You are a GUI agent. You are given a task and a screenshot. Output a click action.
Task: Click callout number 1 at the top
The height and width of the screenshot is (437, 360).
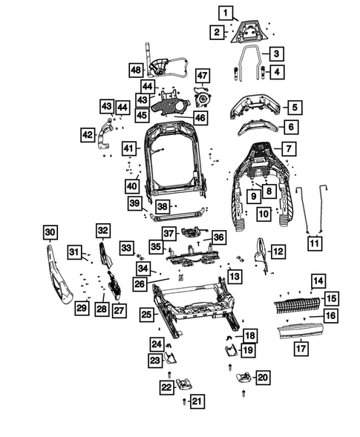226,12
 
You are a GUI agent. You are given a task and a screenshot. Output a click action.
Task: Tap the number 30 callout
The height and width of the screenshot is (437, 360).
50,234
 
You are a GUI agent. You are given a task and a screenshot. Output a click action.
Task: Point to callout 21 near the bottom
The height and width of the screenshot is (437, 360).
195,401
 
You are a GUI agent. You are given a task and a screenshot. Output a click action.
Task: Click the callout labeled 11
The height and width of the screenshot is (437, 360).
315,243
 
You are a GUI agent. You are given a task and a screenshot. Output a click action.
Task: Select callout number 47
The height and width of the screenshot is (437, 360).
202,75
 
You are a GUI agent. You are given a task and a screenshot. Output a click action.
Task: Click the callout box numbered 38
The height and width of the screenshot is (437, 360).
163,206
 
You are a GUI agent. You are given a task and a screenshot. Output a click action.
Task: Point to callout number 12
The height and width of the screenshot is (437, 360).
277,252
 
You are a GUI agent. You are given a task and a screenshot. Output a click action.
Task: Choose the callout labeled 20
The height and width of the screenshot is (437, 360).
262,377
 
